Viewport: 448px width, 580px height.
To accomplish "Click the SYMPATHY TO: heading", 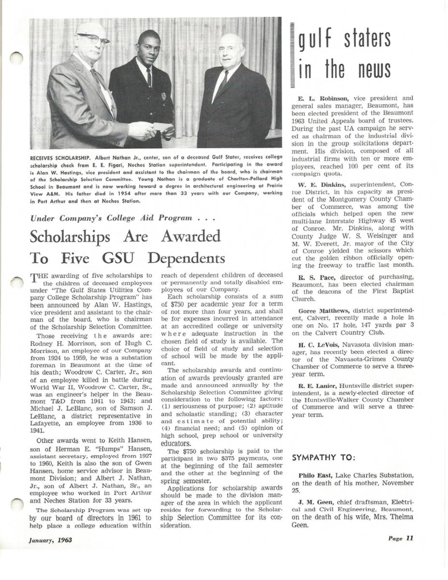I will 324,457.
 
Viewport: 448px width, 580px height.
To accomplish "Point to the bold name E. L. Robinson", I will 317,98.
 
